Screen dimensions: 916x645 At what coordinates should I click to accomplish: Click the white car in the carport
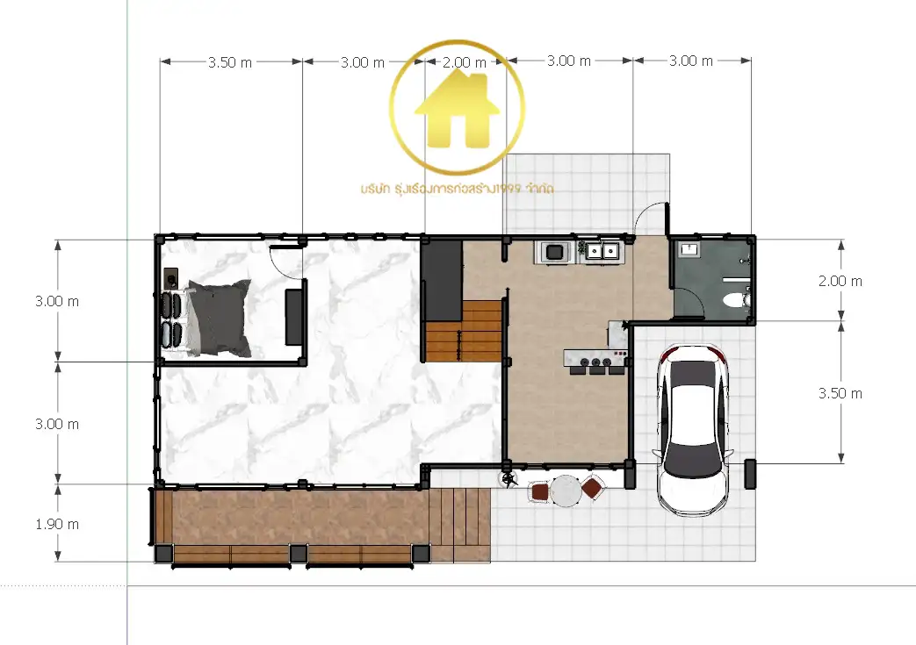point(693,431)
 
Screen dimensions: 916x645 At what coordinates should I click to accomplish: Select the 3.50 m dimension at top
point(230,62)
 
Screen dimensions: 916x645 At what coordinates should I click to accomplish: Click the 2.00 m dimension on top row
point(465,62)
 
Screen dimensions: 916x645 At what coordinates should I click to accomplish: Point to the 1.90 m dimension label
point(57,524)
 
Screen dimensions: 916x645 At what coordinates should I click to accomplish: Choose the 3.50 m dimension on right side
point(840,393)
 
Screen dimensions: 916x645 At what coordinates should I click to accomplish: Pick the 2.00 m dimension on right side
point(840,281)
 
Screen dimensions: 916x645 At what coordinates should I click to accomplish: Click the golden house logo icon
point(457,109)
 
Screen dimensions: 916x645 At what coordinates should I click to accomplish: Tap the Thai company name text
point(457,189)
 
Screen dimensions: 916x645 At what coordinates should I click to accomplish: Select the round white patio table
point(566,491)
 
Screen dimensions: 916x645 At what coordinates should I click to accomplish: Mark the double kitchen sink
point(602,252)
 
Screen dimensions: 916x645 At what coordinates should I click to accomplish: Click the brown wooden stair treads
point(465,331)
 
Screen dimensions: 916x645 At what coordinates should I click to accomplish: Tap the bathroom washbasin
point(689,249)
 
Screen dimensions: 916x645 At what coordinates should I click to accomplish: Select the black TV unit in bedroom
point(293,316)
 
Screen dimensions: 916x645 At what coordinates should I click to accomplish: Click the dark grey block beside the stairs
point(443,280)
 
